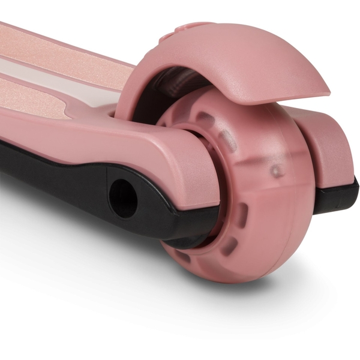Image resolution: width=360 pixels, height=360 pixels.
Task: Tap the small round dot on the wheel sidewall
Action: click(x=275, y=172)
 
